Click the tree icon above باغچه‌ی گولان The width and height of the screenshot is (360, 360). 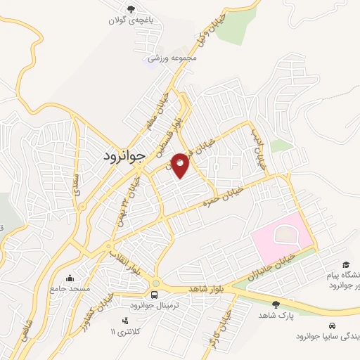click(x=130, y=9)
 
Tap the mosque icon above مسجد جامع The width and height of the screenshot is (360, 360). click(x=68, y=277)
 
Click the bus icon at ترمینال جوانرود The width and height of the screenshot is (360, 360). click(x=154, y=294)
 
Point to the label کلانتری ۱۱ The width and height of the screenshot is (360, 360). click(x=127, y=330)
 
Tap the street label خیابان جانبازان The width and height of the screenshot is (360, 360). click(x=272, y=266)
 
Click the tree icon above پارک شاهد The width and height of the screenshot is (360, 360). click(x=275, y=304)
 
